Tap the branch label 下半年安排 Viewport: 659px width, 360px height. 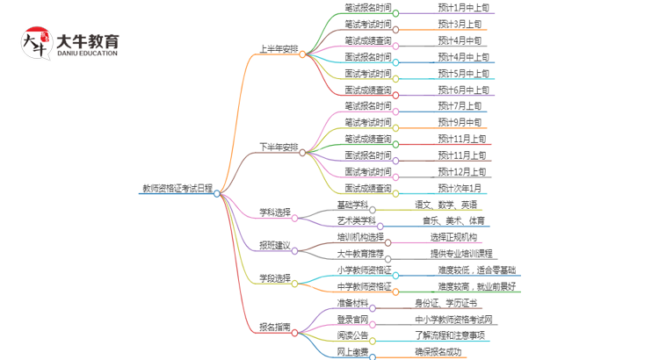click(x=279, y=147)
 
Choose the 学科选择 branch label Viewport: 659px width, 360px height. click(x=274, y=212)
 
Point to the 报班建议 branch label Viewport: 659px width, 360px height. click(x=274, y=245)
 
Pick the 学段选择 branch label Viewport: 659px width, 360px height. click(x=274, y=278)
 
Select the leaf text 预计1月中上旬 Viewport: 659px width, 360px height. click(x=464, y=8)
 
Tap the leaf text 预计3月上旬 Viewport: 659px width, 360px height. click(x=460, y=24)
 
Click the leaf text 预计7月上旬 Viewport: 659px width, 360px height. click(x=460, y=106)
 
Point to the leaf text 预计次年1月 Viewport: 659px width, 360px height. click(x=460, y=188)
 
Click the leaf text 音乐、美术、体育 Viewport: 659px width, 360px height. click(x=453, y=220)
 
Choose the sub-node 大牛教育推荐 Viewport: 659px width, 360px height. click(x=360, y=254)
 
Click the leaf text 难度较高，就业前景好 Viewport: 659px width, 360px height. click(x=478, y=286)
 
